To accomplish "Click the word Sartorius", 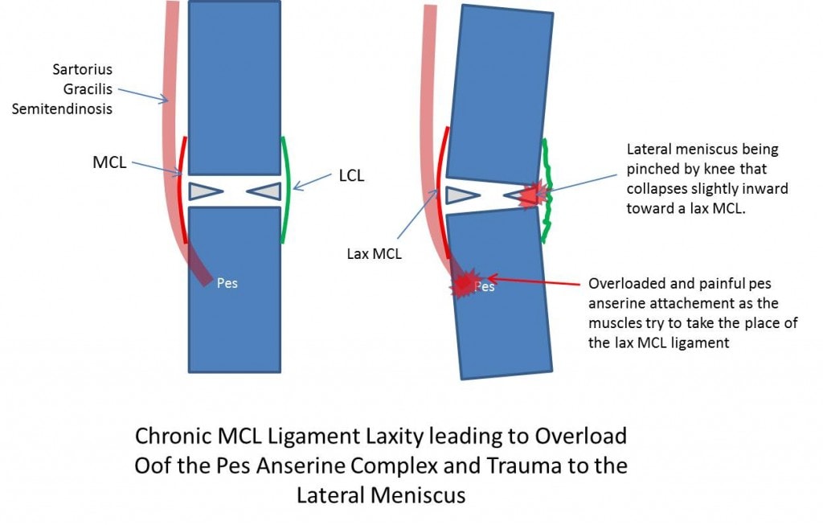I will pos(84,69).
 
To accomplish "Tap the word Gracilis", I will pos(90,88).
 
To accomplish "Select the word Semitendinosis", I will pos(61,108).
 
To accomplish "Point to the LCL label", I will pos(351,175).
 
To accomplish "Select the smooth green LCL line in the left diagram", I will pos(286,190).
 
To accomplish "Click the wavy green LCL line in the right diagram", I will pos(548,191).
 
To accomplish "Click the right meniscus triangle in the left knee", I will pos(264,191).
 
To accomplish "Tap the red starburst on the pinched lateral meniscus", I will pos(534,194).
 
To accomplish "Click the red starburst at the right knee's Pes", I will pos(464,282).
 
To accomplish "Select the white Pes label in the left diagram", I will pos(227,283).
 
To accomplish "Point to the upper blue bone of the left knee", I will pos(234,87).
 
